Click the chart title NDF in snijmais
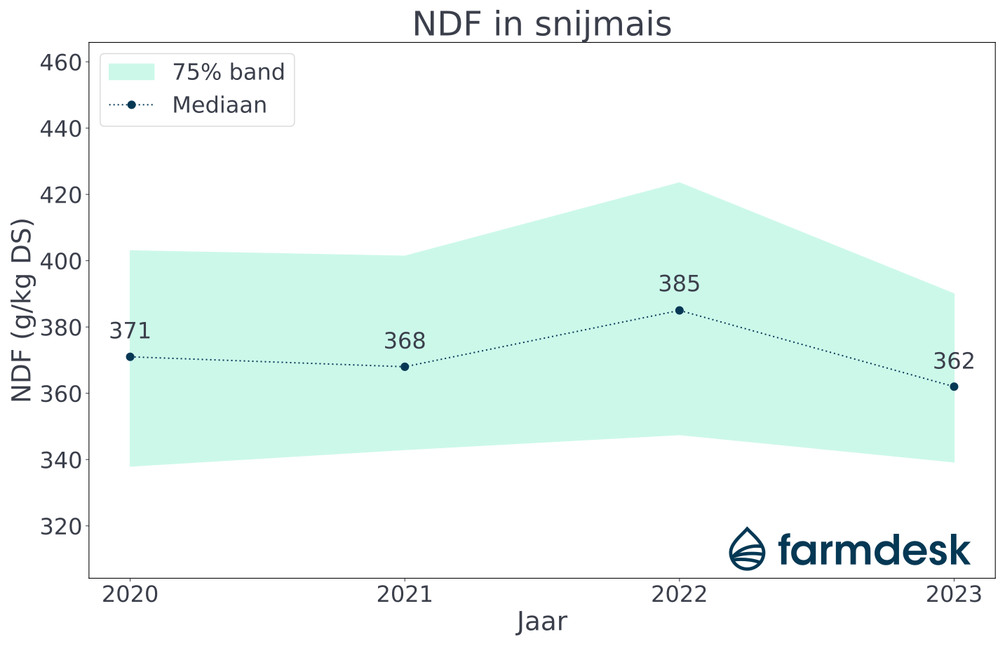[541, 25]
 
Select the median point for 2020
[130, 356]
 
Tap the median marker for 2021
[405, 367]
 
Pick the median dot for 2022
[679, 310]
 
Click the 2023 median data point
[954, 386]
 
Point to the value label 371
[130, 331]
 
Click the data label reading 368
[405, 342]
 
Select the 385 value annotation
[679, 284]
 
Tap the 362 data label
[954, 361]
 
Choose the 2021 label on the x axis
[405, 595]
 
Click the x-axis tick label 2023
[954, 595]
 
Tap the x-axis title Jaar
[541, 622]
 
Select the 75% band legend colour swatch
[131, 72]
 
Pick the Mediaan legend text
[220, 105]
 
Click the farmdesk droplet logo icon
[747, 549]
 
